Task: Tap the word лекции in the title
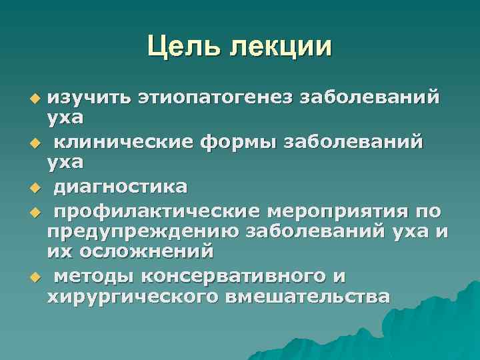280,47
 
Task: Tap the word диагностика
120,186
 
